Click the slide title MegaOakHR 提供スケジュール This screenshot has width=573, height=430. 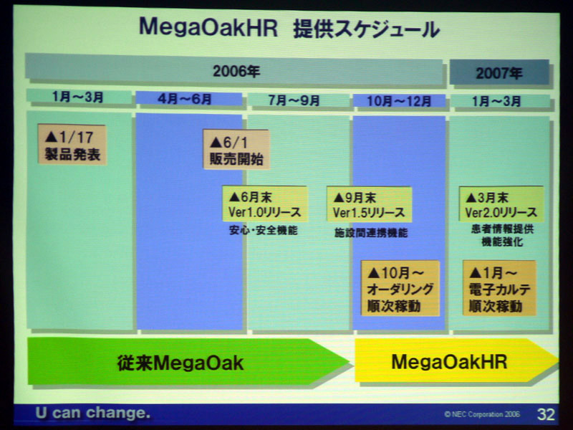[289, 29]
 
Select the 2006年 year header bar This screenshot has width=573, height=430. [234, 70]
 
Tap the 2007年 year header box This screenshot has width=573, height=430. [499, 73]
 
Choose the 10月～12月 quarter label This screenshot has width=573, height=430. [399, 101]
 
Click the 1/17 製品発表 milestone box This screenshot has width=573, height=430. [72, 145]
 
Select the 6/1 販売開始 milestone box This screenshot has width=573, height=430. [236, 150]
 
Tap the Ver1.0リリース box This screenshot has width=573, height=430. [265, 204]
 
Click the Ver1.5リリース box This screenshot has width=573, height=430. [370, 205]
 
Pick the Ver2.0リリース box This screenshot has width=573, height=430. [501, 204]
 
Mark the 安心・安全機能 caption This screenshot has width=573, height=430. [263, 230]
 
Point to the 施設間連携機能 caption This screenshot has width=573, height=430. [371, 232]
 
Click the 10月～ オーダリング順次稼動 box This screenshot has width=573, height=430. [400, 288]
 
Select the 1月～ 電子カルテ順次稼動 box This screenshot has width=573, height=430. [499, 288]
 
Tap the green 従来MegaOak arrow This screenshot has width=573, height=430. [188, 362]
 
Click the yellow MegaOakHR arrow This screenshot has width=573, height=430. [456, 361]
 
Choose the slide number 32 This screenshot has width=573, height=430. [546, 414]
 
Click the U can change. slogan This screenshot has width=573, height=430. [93, 413]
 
